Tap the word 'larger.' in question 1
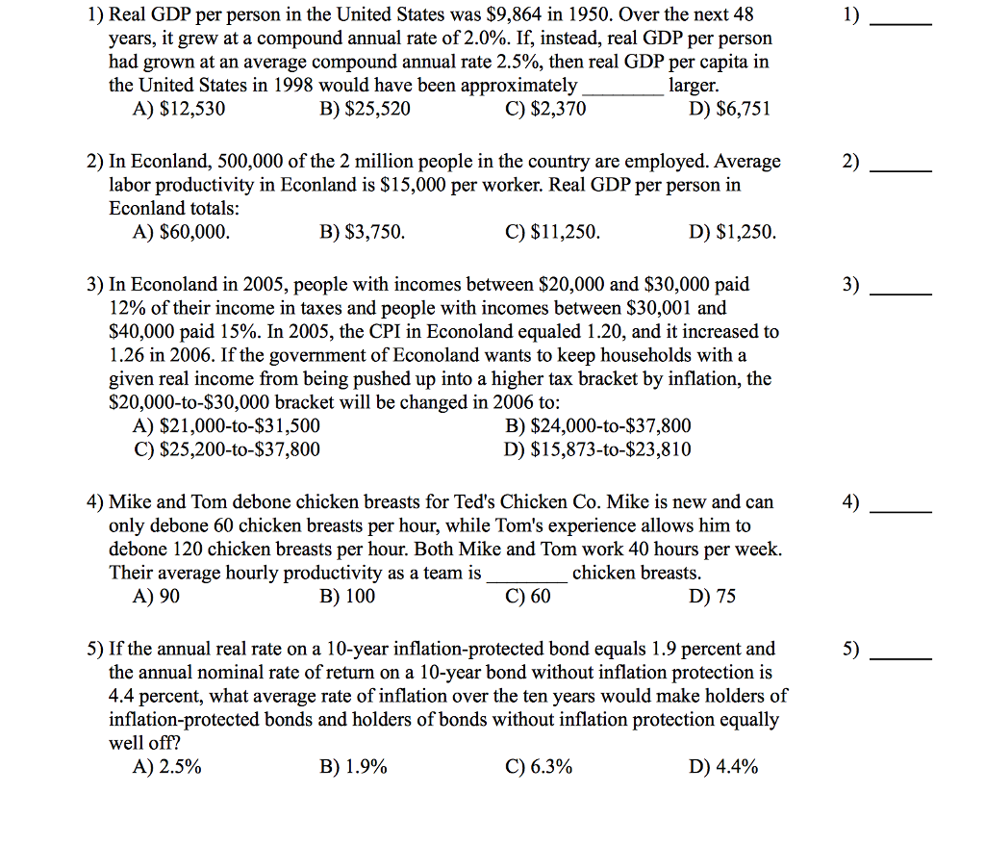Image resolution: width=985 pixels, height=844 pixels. [694, 86]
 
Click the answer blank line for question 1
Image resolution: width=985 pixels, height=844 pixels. [900, 21]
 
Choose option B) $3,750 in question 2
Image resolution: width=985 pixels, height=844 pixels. [362, 233]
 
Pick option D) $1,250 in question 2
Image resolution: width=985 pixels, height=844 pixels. [732, 233]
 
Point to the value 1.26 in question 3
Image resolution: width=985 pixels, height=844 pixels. [127, 356]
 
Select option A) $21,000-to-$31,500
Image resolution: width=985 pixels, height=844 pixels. [227, 426]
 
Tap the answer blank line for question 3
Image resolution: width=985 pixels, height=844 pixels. [900, 292]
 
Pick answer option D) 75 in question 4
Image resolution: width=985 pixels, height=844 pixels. [713, 597]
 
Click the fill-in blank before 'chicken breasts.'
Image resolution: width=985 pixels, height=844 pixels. [526, 575]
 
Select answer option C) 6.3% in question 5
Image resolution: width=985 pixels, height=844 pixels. [539, 767]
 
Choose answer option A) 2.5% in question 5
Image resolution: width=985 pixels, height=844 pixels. [167, 767]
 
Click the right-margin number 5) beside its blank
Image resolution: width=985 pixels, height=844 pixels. [851, 650]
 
